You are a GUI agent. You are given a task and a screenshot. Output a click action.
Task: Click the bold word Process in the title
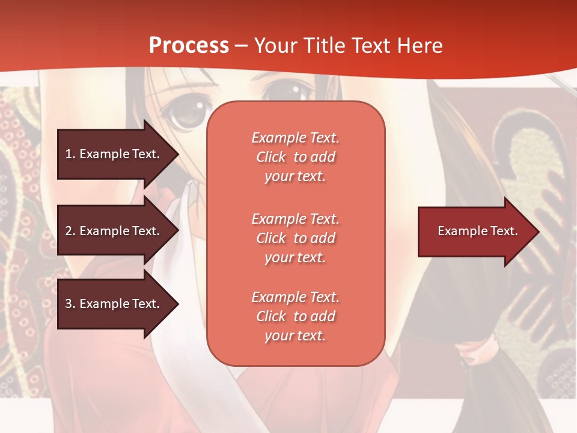[x=189, y=46]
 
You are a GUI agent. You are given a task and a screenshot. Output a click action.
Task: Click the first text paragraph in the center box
[x=295, y=157]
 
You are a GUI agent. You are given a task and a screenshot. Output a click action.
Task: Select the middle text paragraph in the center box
[x=295, y=238]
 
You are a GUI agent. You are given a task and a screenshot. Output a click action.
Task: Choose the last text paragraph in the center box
[x=295, y=316]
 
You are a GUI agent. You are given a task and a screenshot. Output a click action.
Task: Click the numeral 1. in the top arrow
[x=70, y=154]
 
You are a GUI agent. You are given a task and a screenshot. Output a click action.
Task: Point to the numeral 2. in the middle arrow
[x=70, y=231]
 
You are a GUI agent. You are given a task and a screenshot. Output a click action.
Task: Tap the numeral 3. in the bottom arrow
[x=70, y=304]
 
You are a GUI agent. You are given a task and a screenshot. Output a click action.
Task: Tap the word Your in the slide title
[x=275, y=46]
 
